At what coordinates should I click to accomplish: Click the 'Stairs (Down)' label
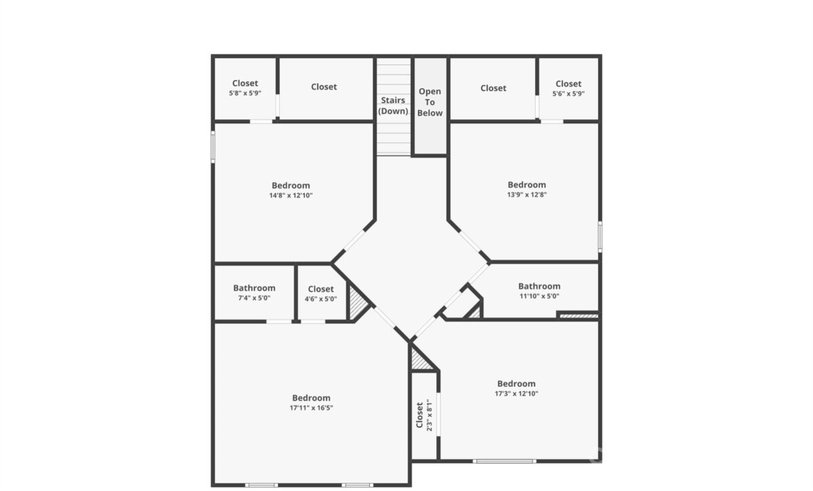point(393,105)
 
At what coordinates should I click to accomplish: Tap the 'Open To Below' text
point(430,102)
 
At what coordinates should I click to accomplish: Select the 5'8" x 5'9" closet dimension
point(245,93)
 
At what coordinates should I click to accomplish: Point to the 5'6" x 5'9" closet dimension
point(568,93)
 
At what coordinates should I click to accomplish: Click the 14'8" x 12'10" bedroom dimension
point(291,195)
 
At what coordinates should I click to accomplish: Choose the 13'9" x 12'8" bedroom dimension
point(526,194)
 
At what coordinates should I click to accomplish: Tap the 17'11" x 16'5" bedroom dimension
point(311,408)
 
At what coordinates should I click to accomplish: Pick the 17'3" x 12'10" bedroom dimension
point(516,393)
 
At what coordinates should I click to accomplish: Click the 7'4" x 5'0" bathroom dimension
point(254,298)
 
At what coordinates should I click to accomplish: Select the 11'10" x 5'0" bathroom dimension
point(539,296)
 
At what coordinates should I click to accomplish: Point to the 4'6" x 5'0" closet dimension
point(320,299)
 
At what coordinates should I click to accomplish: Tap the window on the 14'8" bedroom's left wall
point(213,147)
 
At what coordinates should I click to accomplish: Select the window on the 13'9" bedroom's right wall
point(600,236)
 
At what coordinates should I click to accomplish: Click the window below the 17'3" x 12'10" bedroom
point(504,461)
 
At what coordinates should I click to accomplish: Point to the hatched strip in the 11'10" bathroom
point(579,316)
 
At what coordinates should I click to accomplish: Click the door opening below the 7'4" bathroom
point(278,322)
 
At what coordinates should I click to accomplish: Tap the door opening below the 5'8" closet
point(261,121)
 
